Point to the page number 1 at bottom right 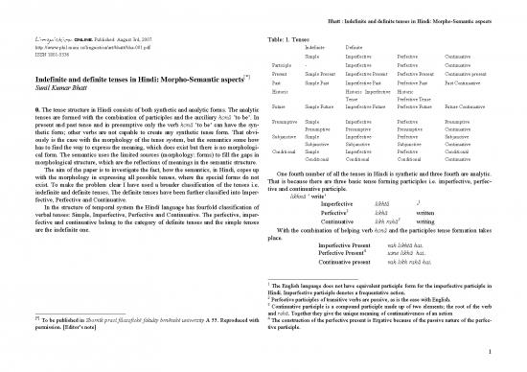[x=489, y=362]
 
